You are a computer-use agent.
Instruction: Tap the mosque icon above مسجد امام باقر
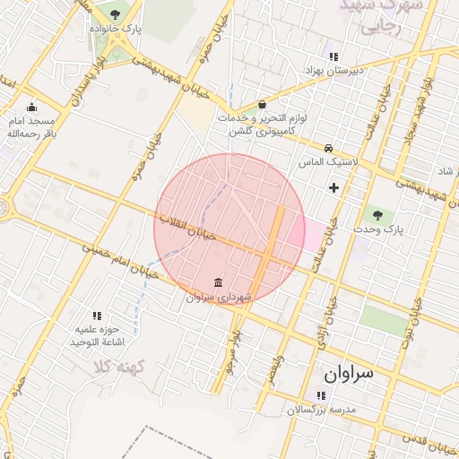tap(32, 107)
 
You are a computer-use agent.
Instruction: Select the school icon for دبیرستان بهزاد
tap(333, 56)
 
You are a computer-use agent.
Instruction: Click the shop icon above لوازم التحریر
tap(262, 104)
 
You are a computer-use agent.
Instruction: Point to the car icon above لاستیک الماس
tap(329, 148)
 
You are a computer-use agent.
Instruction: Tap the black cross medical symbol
tap(334, 187)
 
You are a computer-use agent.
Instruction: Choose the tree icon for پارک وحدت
tap(377, 214)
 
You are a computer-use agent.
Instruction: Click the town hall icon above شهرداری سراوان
tap(220, 282)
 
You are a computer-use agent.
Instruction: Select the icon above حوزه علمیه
tap(97, 316)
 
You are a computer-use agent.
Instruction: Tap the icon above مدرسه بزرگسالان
tap(321, 395)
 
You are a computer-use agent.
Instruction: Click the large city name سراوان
tap(351, 371)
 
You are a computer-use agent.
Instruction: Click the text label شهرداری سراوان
tap(219, 297)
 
